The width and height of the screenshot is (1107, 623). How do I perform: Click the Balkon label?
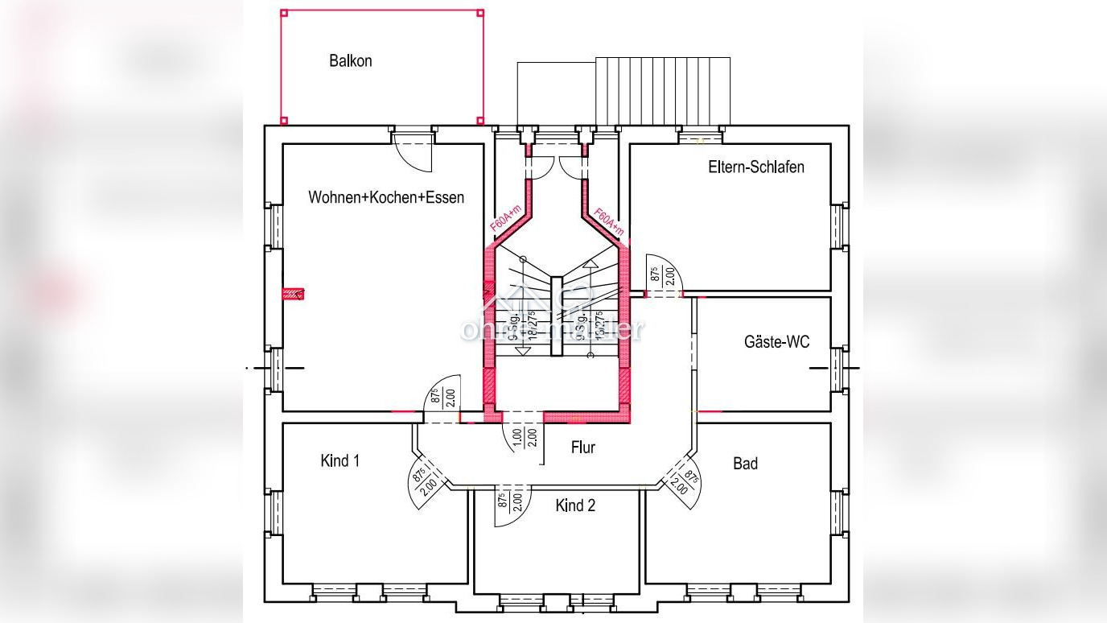350,61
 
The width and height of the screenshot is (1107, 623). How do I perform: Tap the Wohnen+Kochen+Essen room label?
386,197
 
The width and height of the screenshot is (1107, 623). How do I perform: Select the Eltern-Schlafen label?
756,167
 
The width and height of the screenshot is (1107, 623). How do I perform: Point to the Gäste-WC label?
776,342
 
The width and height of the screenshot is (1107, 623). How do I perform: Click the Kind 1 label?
340,460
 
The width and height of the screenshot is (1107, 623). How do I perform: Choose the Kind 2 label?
575,505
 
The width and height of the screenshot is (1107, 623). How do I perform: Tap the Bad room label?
745,464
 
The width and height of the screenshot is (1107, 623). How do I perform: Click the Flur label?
583,448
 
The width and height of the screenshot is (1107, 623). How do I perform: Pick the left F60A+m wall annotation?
506,219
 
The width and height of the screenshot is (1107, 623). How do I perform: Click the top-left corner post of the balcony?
284,13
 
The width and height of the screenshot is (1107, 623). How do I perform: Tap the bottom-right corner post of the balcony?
480,121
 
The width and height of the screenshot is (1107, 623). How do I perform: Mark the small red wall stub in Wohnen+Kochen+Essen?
293,294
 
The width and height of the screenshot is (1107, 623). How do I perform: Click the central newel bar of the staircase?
556,316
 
